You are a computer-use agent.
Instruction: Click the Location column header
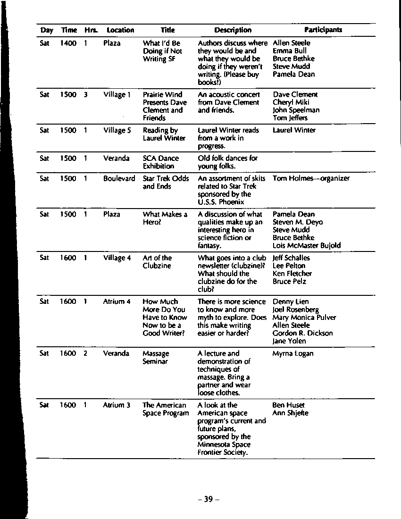[120, 30]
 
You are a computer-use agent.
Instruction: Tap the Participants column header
[323, 30]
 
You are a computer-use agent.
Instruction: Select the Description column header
[233, 30]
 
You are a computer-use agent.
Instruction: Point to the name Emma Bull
[290, 51]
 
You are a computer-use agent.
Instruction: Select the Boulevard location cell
[119, 179]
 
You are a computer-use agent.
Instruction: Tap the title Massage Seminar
[156, 358]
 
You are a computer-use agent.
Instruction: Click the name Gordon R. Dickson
[302, 333]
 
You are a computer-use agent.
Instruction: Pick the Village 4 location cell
[117, 258]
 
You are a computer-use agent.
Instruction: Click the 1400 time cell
[68, 43]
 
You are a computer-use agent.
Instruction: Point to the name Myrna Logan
[293, 354]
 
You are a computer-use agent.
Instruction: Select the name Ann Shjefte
[291, 413]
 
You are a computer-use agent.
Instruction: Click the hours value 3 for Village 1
[85, 95]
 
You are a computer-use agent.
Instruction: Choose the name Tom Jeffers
[290, 118]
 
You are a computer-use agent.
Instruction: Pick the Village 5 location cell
[117, 130]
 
